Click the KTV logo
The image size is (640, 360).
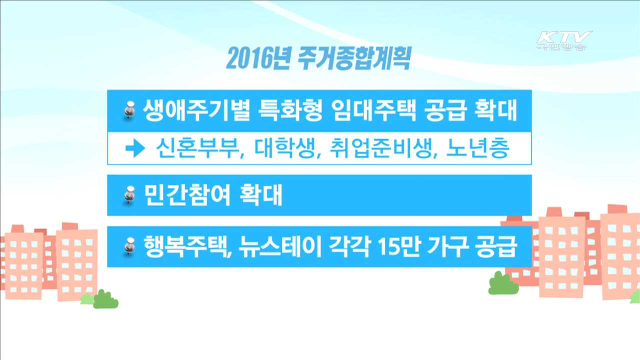[563, 40]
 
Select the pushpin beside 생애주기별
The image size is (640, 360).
[129, 110]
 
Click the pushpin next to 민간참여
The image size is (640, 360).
[129, 194]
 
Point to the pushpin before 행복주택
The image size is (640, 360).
[129, 246]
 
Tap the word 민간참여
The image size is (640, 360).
[187, 194]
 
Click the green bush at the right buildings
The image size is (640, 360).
[503, 284]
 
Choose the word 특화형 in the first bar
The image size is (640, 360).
[287, 110]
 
